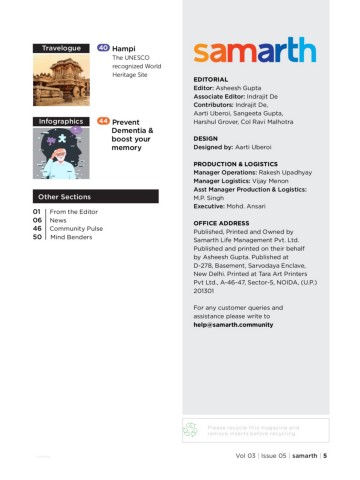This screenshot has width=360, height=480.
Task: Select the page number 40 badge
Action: pos(103,48)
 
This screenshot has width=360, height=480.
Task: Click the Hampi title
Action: pos(124,48)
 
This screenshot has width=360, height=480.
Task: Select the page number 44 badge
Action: pos(103,121)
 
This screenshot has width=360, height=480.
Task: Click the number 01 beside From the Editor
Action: pos(37,212)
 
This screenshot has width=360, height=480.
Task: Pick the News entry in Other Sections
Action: pos(58,221)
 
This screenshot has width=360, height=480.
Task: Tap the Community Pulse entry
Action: pos(76,230)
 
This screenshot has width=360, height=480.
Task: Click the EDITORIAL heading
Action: pos(212,78)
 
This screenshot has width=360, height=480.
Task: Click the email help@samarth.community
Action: pos(237,325)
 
